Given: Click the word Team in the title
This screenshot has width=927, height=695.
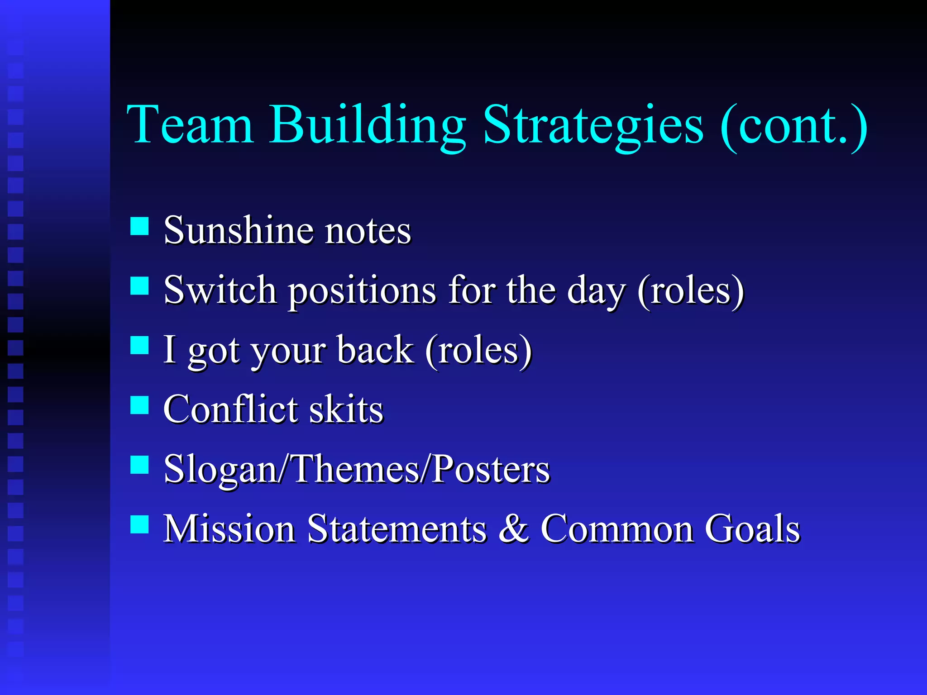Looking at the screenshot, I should (190, 124).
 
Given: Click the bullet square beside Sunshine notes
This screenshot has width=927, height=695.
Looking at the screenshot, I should (139, 226).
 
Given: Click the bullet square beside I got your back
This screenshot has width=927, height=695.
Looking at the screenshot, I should (139, 345).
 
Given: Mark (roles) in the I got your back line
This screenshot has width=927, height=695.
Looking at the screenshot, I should (478, 350).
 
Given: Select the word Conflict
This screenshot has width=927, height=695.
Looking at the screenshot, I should (230, 409).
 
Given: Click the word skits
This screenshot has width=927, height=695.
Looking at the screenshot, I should (346, 409).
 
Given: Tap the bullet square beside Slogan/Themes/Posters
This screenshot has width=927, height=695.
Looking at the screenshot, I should (139, 465).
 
